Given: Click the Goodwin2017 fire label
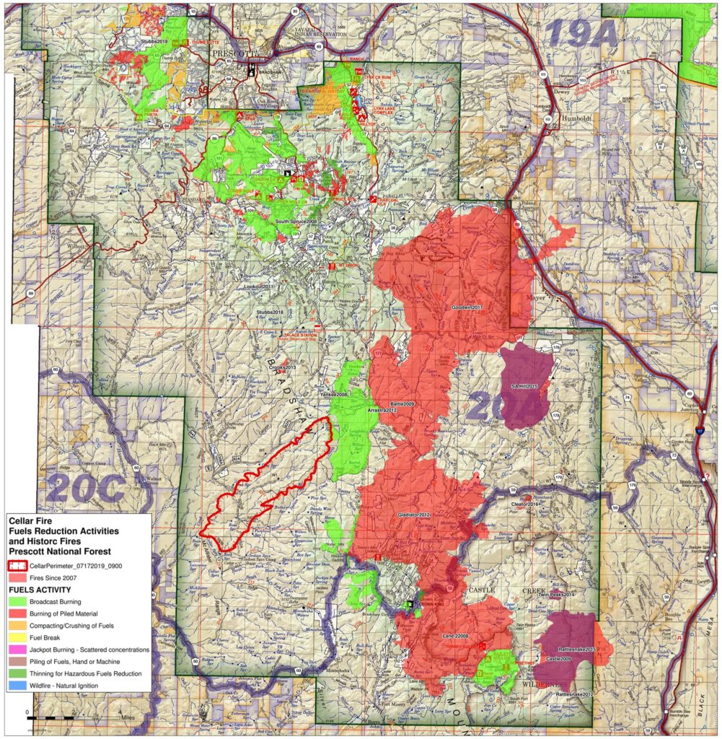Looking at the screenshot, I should tap(467, 307).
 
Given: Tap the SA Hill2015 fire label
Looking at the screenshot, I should tap(525, 387).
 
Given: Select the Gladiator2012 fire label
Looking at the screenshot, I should tap(414, 515).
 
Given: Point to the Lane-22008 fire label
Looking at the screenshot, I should tap(455, 636).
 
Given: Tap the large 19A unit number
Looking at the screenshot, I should tap(583, 34).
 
